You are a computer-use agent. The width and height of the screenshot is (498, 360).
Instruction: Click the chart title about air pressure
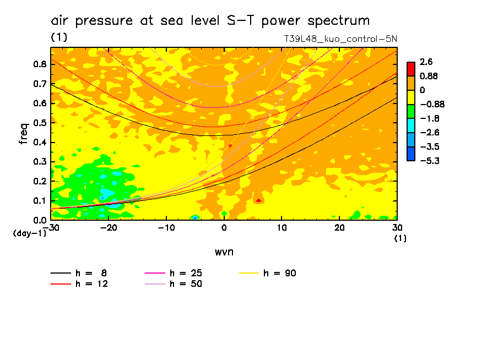(210, 21)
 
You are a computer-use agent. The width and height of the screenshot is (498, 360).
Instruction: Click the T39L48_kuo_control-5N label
(340, 39)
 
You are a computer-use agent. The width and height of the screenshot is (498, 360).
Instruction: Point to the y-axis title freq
(24, 134)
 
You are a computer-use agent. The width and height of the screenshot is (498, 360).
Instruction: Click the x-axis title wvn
(224, 252)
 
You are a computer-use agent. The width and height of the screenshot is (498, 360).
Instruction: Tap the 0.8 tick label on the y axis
(40, 64)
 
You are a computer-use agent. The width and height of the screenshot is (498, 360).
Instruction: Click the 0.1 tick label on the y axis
(40, 201)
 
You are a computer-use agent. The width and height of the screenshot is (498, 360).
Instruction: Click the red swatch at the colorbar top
(410, 69)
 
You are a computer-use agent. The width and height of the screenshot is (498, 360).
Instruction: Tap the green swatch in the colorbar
(410, 111)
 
